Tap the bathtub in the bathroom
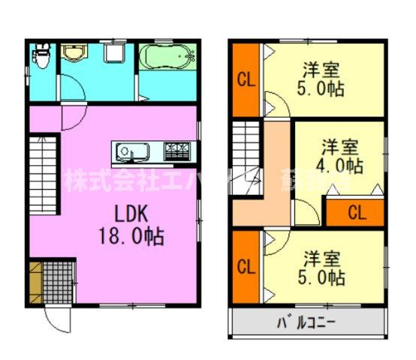(168, 56)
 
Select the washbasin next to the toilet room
(74, 54)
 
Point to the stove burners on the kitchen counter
(177, 152)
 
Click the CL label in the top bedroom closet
(244, 79)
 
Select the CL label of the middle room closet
(356, 212)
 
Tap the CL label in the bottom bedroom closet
(244, 266)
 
